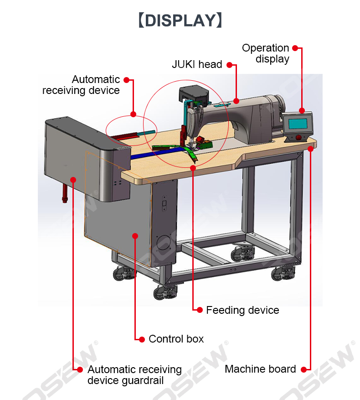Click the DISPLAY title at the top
click(180, 21)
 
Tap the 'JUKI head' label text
click(197, 64)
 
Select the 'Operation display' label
click(265, 53)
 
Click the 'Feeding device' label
click(242, 310)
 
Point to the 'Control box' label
click(176, 339)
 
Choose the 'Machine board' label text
click(260, 369)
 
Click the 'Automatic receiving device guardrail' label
click(134, 375)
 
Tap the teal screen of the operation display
click(298, 124)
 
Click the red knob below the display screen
click(298, 137)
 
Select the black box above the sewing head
click(194, 94)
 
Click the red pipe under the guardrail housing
click(65, 194)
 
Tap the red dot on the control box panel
click(135, 236)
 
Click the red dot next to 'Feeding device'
click(200, 310)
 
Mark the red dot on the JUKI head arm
click(237, 101)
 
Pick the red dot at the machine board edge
click(310, 149)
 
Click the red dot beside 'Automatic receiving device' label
click(127, 80)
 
